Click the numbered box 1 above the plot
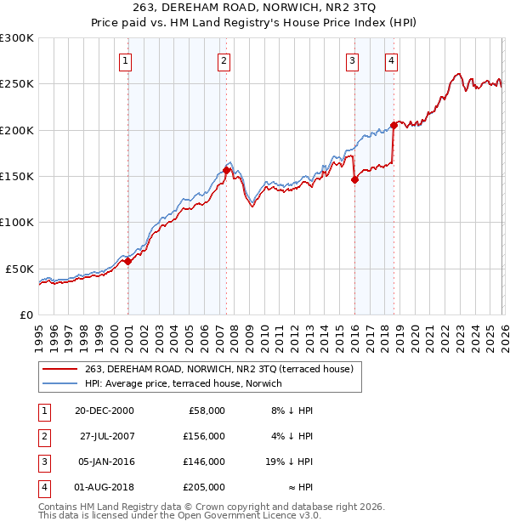[125, 60]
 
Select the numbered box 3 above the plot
[351, 60]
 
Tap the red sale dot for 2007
[227, 170]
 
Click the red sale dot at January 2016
[354, 179]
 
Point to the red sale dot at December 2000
[128, 261]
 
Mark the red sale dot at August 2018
[394, 125]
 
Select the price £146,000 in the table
[205, 462]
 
